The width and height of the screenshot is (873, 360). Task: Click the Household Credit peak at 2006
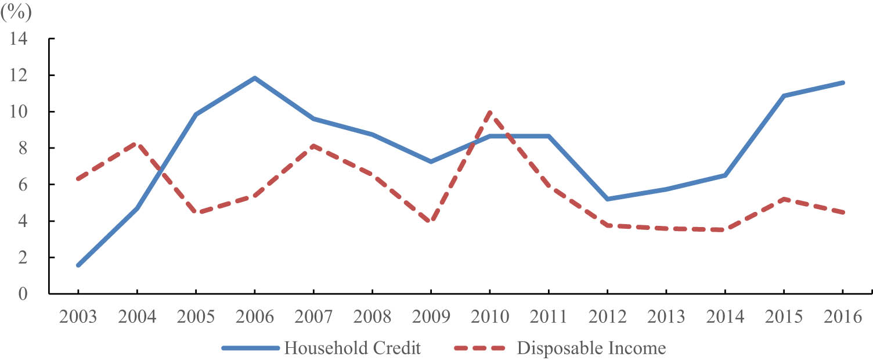click(x=254, y=78)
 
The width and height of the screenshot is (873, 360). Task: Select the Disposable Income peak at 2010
click(x=490, y=111)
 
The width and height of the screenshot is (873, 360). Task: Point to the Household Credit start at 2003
click(x=78, y=265)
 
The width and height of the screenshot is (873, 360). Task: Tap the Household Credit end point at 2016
click(x=843, y=82)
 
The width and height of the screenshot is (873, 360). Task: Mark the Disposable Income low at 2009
click(x=431, y=221)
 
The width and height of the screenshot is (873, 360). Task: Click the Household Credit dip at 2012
click(x=607, y=199)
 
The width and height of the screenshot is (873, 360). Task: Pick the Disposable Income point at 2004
click(x=137, y=143)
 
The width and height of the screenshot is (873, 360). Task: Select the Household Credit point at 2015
click(x=784, y=96)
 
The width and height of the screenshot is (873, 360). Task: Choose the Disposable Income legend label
click(x=591, y=348)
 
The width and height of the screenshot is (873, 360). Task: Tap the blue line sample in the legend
click(x=250, y=348)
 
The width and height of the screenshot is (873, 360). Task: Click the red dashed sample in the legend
click(x=480, y=348)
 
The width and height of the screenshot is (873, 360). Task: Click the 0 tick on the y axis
click(x=24, y=294)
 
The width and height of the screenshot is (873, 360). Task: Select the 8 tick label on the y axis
click(x=24, y=148)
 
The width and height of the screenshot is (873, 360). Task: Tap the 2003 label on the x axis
click(x=78, y=317)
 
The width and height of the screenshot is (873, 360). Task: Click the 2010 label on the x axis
click(x=490, y=317)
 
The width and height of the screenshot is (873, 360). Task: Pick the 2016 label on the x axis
click(x=843, y=317)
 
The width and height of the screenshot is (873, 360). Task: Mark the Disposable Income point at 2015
click(x=784, y=199)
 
